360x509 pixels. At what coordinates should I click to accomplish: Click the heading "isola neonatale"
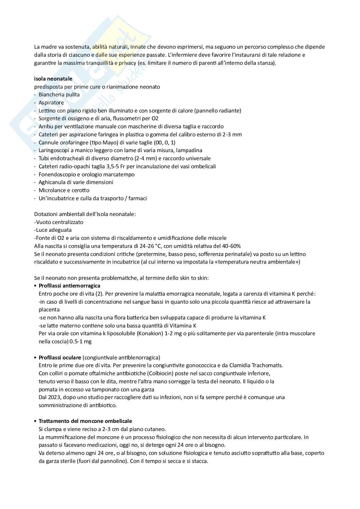tap(53, 79)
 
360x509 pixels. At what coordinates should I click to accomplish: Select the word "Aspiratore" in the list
tap(51, 103)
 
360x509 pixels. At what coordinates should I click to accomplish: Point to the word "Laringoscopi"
tap(54, 150)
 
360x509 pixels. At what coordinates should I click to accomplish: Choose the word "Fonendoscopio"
tap(56, 174)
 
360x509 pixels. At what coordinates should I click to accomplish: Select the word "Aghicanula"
tap(52, 182)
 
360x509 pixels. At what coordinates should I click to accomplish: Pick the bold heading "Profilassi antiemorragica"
tap(69, 286)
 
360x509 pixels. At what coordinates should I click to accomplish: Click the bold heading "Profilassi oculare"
tap(60, 357)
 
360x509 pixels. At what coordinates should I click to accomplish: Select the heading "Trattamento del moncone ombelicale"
tap(85, 421)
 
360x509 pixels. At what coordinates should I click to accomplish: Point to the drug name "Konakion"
tap(150, 333)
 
